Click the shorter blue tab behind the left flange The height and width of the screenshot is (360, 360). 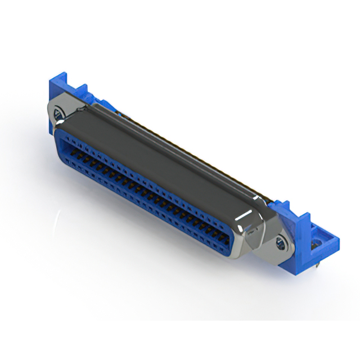tap(83, 90)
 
